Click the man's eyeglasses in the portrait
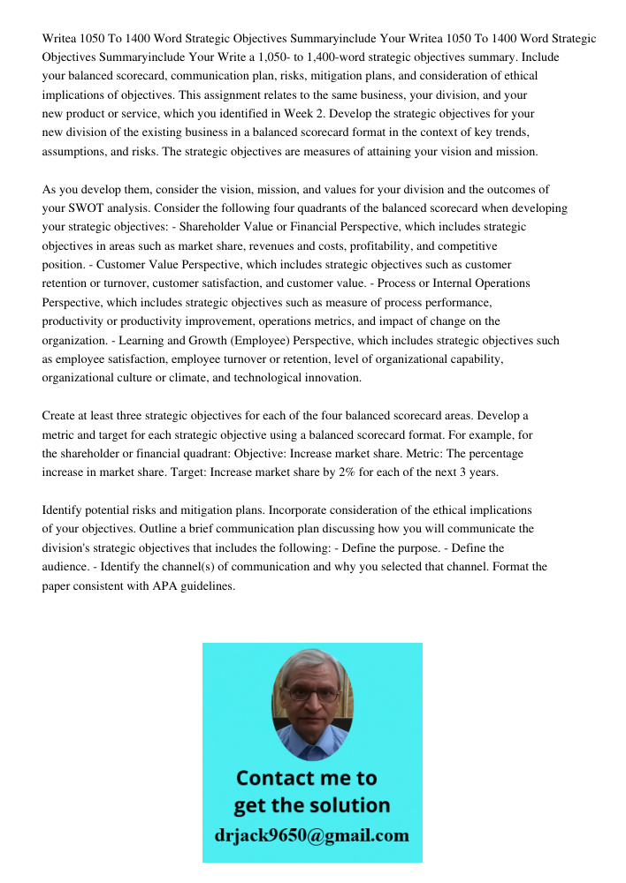312,695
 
